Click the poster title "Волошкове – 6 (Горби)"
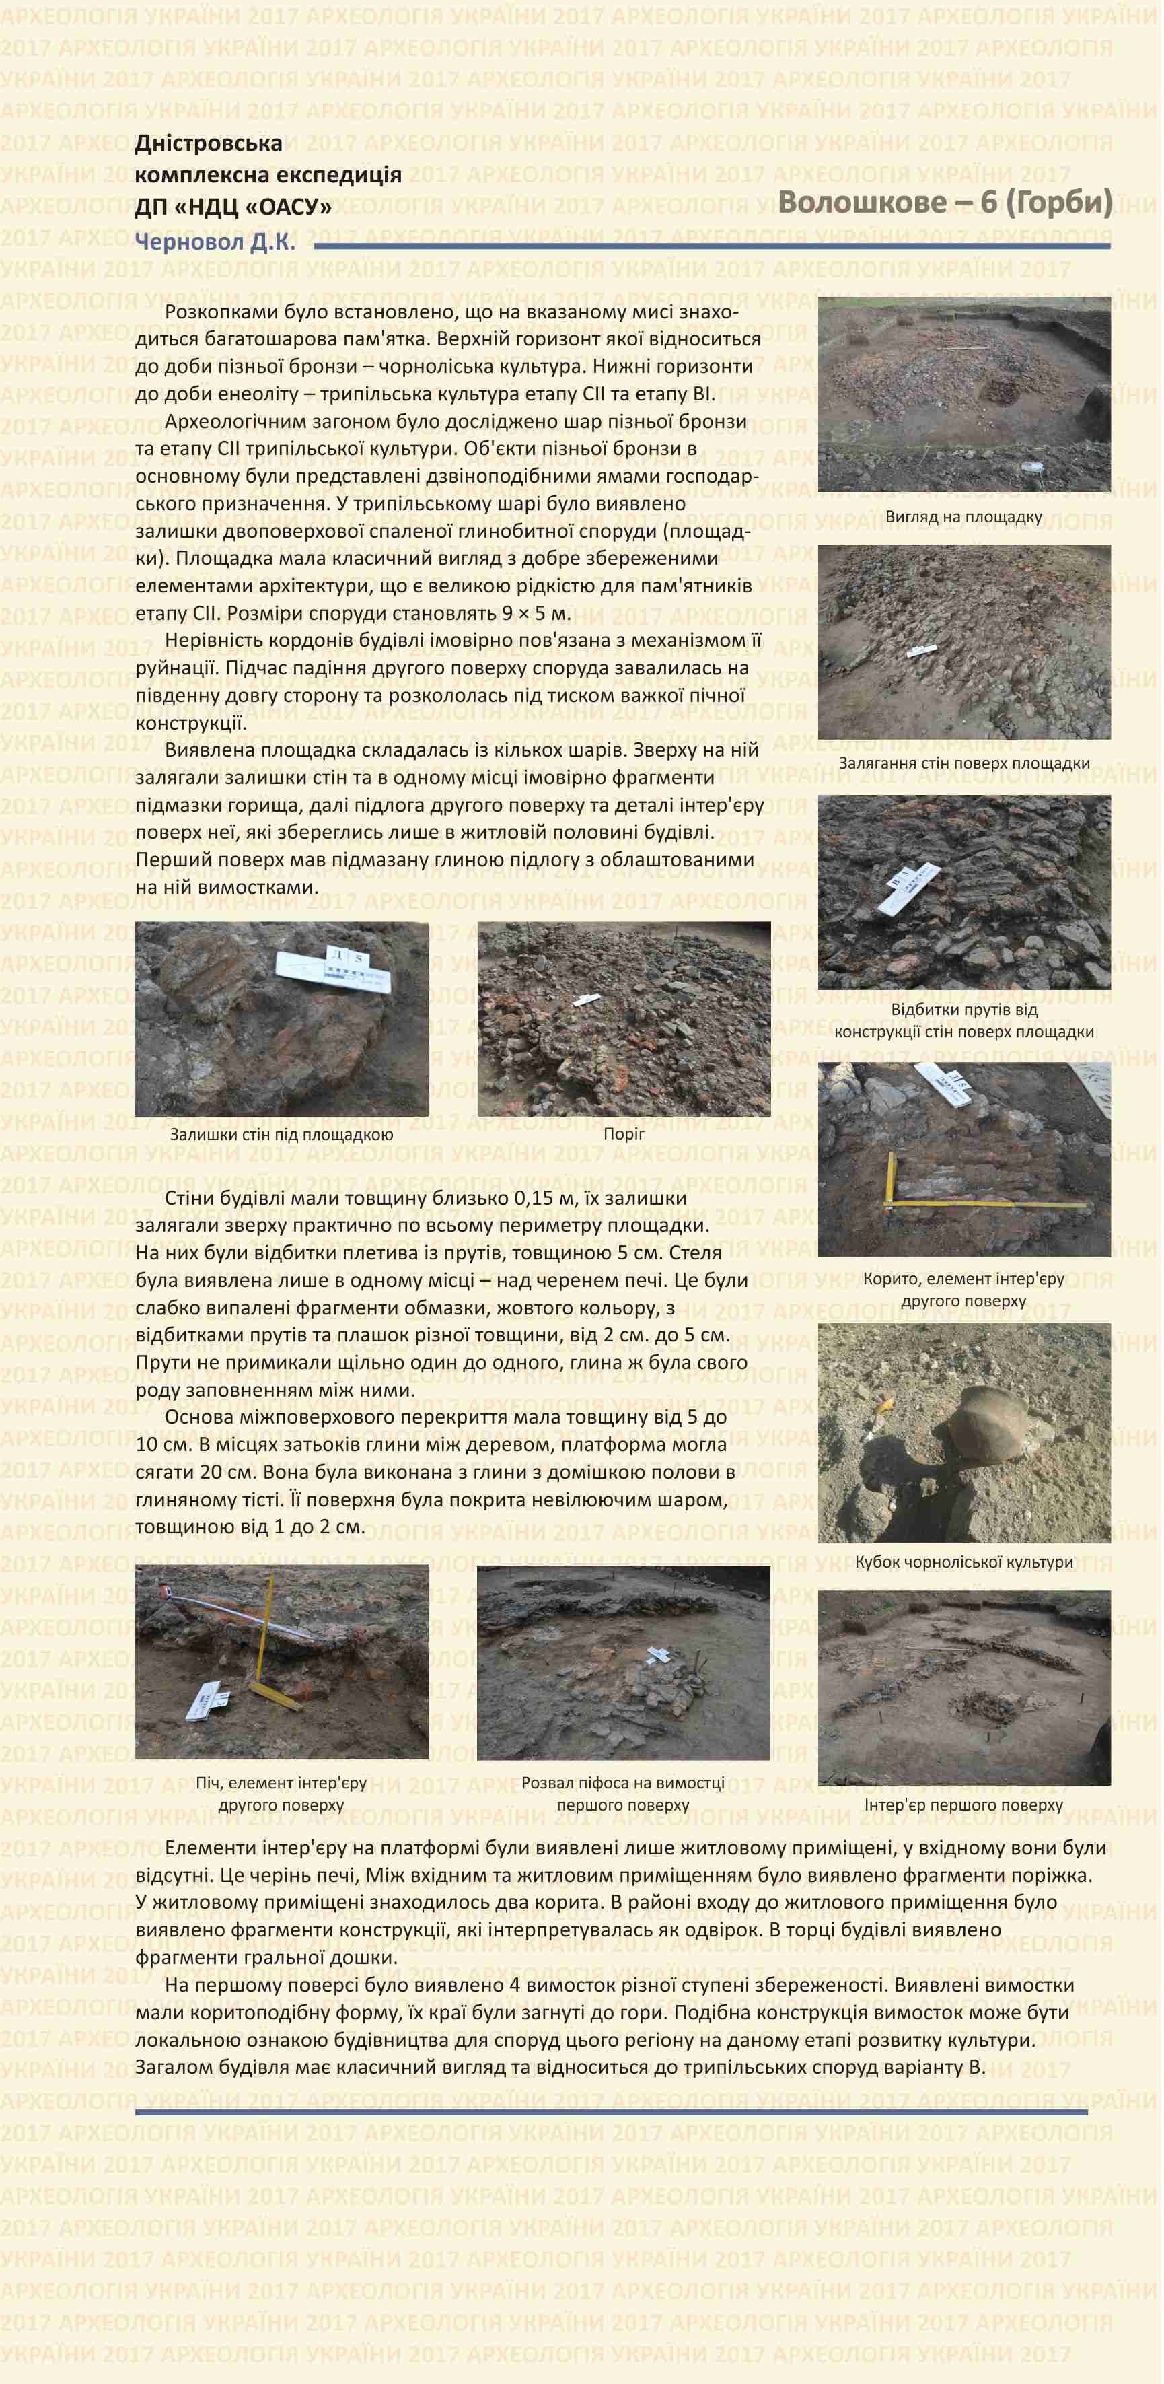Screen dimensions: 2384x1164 (944, 203)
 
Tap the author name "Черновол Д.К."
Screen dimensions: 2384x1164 (215, 242)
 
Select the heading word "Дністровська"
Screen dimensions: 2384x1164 (208, 143)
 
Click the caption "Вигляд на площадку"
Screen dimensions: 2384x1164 (963, 518)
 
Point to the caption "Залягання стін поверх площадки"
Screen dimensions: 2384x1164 (963, 763)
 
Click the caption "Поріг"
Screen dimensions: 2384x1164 (624, 1133)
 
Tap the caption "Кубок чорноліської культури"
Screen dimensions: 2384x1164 (963, 1562)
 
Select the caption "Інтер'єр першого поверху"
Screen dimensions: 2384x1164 (963, 1804)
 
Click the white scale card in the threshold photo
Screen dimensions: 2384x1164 (586, 1000)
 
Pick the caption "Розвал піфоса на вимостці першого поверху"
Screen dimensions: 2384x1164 (623, 1794)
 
